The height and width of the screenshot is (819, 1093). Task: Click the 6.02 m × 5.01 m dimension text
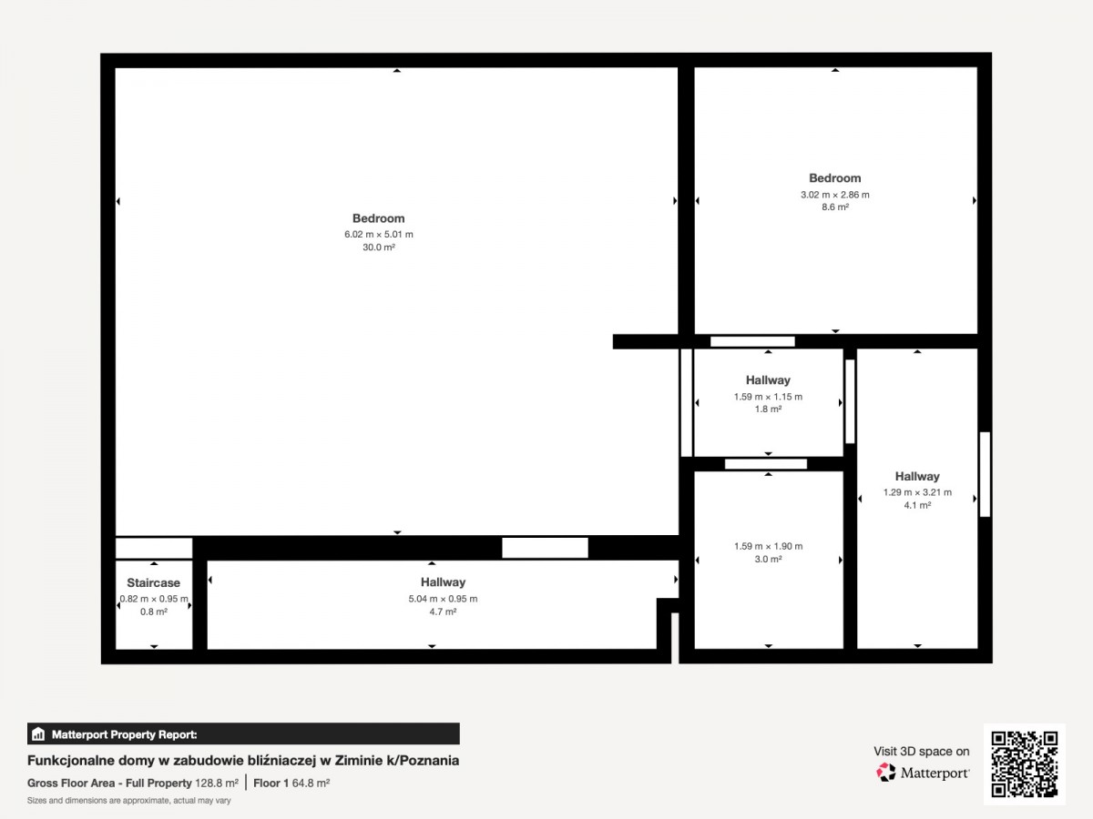pyautogui.click(x=378, y=234)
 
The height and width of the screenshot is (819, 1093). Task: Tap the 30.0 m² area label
pyautogui.click(x=378, y=248)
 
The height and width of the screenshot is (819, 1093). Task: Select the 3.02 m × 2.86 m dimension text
pyautogui.click(x=835, y=195)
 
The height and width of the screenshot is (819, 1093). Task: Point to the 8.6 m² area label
pyautogui.click(x=835, y=207)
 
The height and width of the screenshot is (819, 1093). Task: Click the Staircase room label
pyautogui.click(x=153, y=582)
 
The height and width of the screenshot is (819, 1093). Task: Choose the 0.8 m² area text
pyautogui.click(x=153, y=612)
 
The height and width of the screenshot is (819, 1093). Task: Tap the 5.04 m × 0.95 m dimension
pyautogui.click(x=443, y=599)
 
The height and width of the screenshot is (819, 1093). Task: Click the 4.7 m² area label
pyautogui.click(x=443, y=612)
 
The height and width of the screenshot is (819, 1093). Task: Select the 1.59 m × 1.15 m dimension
pyautogui.click(x=768, y=397)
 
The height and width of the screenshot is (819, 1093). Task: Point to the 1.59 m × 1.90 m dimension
pyautogui.click(x=768, y=546)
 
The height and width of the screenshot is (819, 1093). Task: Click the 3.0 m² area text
pyautogui.click(x=768, y=559)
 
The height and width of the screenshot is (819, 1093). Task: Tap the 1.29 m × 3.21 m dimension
pyautogui.click(x=917, y=492)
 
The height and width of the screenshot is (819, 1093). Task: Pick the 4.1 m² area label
pyautogui.click(x=917, y=505)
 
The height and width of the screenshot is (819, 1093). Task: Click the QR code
pyautogui.click(x=1025, y=763)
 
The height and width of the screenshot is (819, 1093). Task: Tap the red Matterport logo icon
pyautogui.click(x=886, y=773)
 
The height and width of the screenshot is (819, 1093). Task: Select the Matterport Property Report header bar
pyautogui.click(x=243, y=734)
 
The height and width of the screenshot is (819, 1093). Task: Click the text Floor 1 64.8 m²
pyautogui.click(x=291, y=784)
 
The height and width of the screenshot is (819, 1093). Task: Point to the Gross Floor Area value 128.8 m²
pyautogui.click(x=217, y=784)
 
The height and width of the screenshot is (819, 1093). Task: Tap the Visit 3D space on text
pyautogui.click(x=921, y=752)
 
